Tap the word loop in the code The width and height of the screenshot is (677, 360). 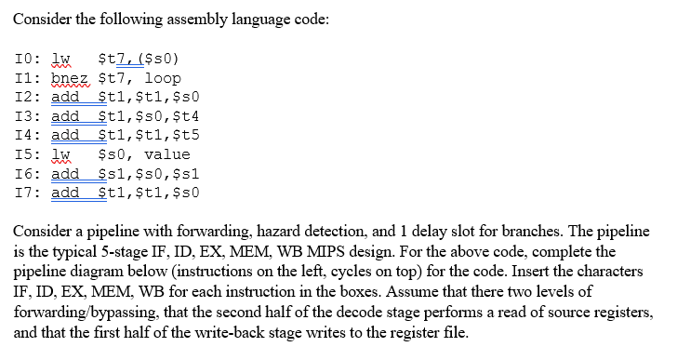coord(163,79)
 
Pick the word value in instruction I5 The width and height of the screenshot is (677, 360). coord(167,153)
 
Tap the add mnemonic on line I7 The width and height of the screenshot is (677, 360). coord(64,192)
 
